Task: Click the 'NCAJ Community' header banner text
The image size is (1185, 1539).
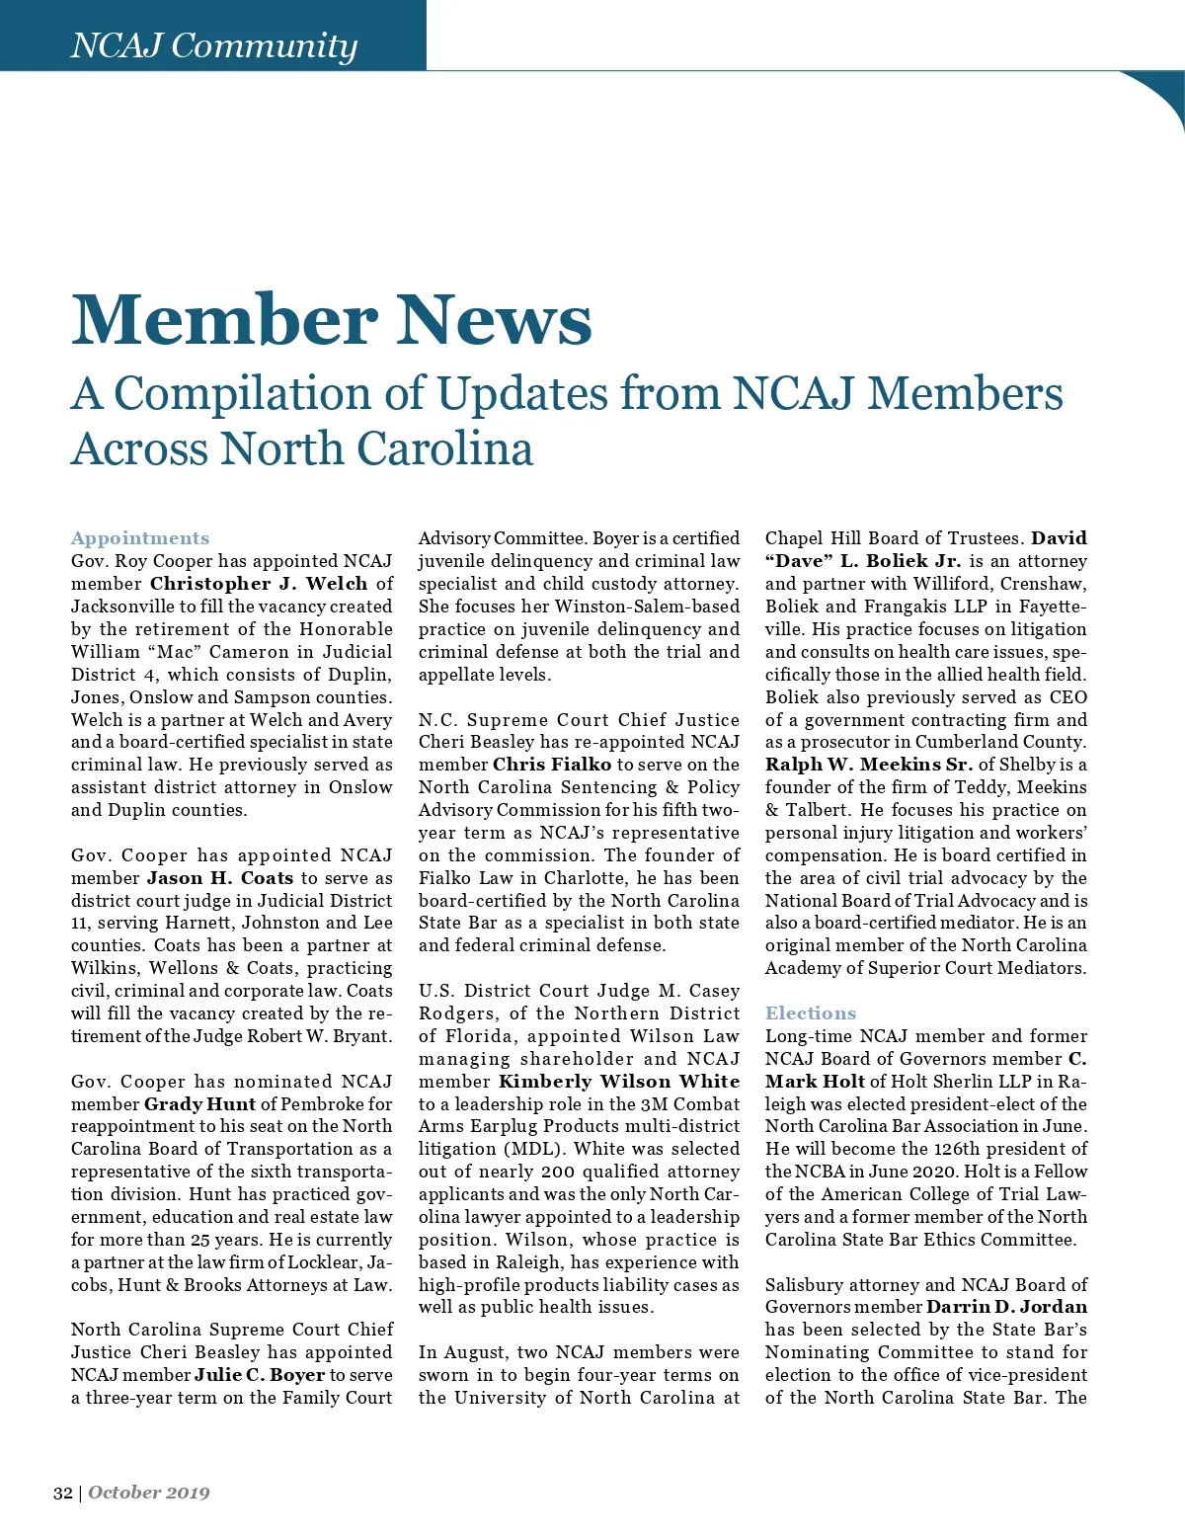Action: (213, 45)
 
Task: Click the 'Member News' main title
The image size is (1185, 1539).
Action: (332, 320)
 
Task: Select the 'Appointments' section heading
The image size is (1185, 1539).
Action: (140, 538)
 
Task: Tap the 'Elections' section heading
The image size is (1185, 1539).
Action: (811, 1013)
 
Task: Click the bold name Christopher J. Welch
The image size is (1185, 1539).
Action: (259, 584)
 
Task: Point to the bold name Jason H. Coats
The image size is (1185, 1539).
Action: (220, 878)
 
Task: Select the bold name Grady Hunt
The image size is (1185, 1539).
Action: (200, 1104)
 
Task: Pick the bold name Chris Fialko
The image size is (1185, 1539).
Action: (552, 765)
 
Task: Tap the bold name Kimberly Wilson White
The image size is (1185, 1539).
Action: (619, 1082)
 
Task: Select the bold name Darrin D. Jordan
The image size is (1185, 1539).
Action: (1006, 1307)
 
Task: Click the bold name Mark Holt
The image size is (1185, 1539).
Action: (815, 1082)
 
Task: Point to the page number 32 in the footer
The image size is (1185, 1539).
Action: (62, 1493)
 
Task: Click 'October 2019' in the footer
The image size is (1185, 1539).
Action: (149, 1493)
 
